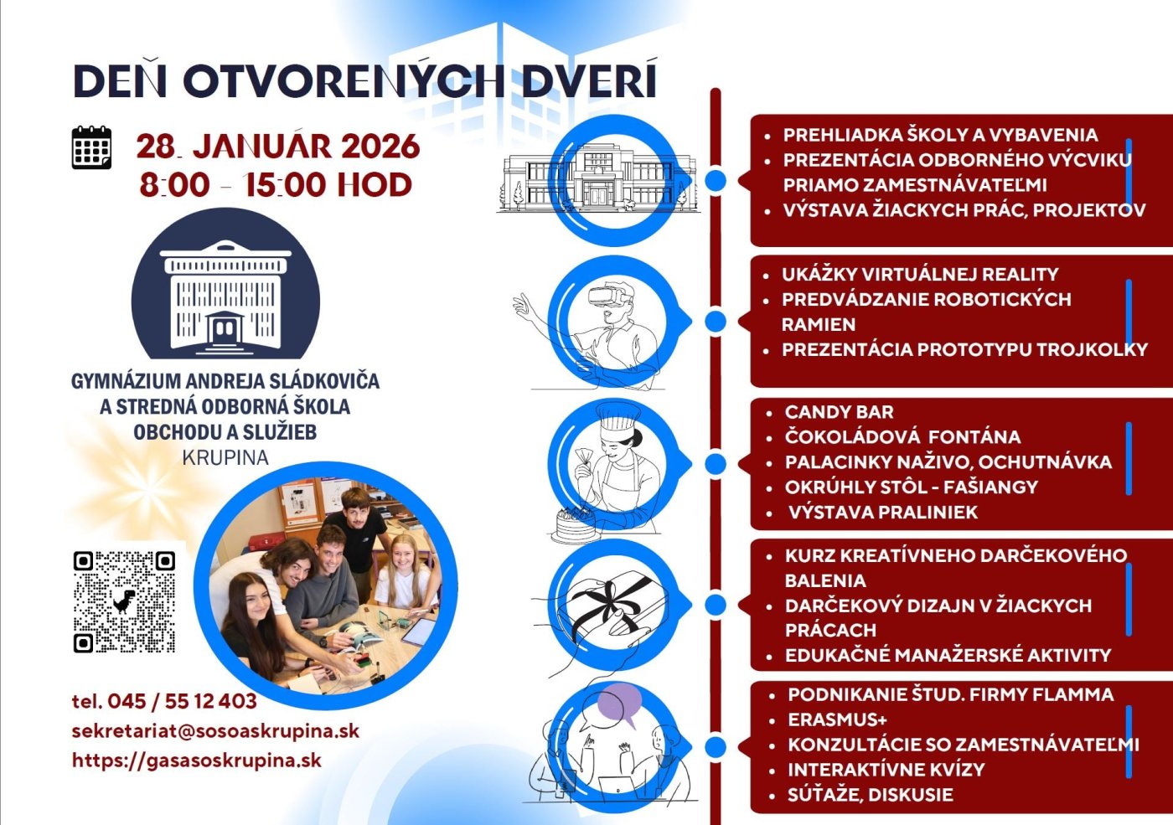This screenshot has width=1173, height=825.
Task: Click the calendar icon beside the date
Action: click(91, 148)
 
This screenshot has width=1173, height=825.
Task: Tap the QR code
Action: click(124, 601)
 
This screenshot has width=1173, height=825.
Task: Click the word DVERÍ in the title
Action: click(589, 81)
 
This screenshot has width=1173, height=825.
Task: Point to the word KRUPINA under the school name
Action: click(225, 458)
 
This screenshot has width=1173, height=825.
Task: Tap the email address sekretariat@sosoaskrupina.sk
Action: click(215, 730)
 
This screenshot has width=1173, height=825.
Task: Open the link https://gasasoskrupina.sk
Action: click(197, 761)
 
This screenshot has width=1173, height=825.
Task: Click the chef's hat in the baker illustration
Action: click(619, 415)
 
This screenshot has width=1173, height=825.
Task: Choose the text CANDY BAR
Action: click(839, 412)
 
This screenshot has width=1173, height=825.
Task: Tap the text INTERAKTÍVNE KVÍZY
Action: click(886, 770)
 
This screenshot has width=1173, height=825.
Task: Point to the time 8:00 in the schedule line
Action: click(174, 185)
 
